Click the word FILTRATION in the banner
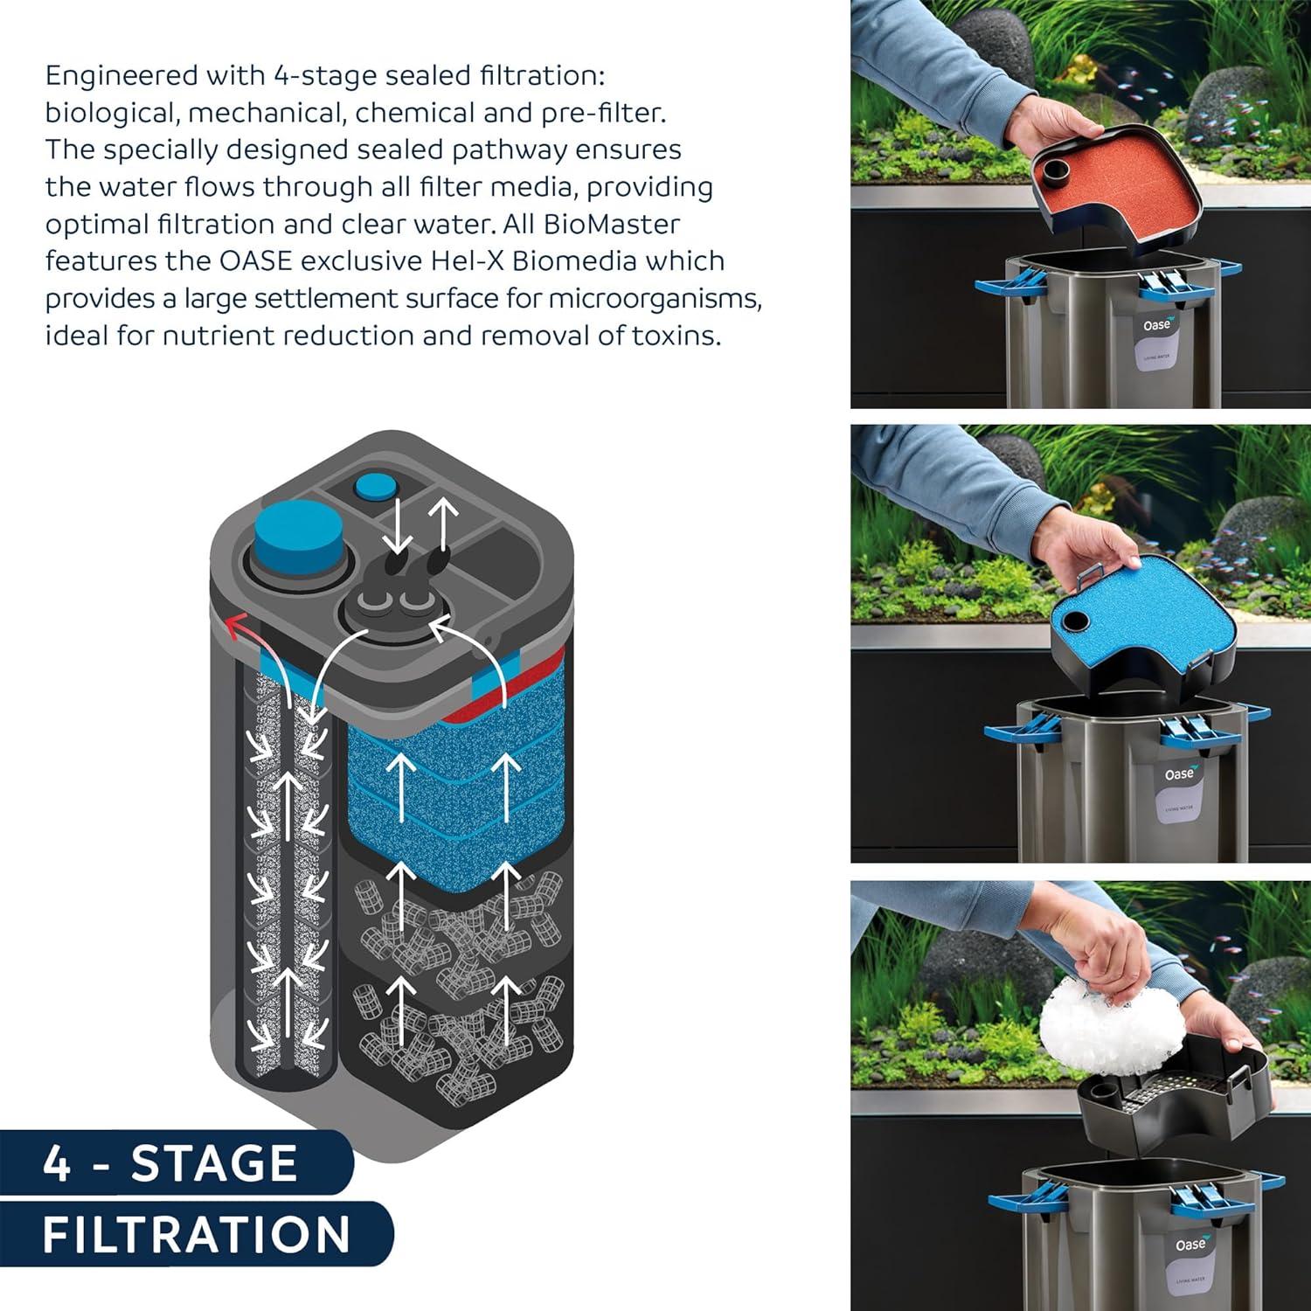(197, 1234)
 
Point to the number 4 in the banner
(57, 1163)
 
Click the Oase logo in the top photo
(1159, 325)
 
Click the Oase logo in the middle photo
(1178, 774)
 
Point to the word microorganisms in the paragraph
(655, 299)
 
